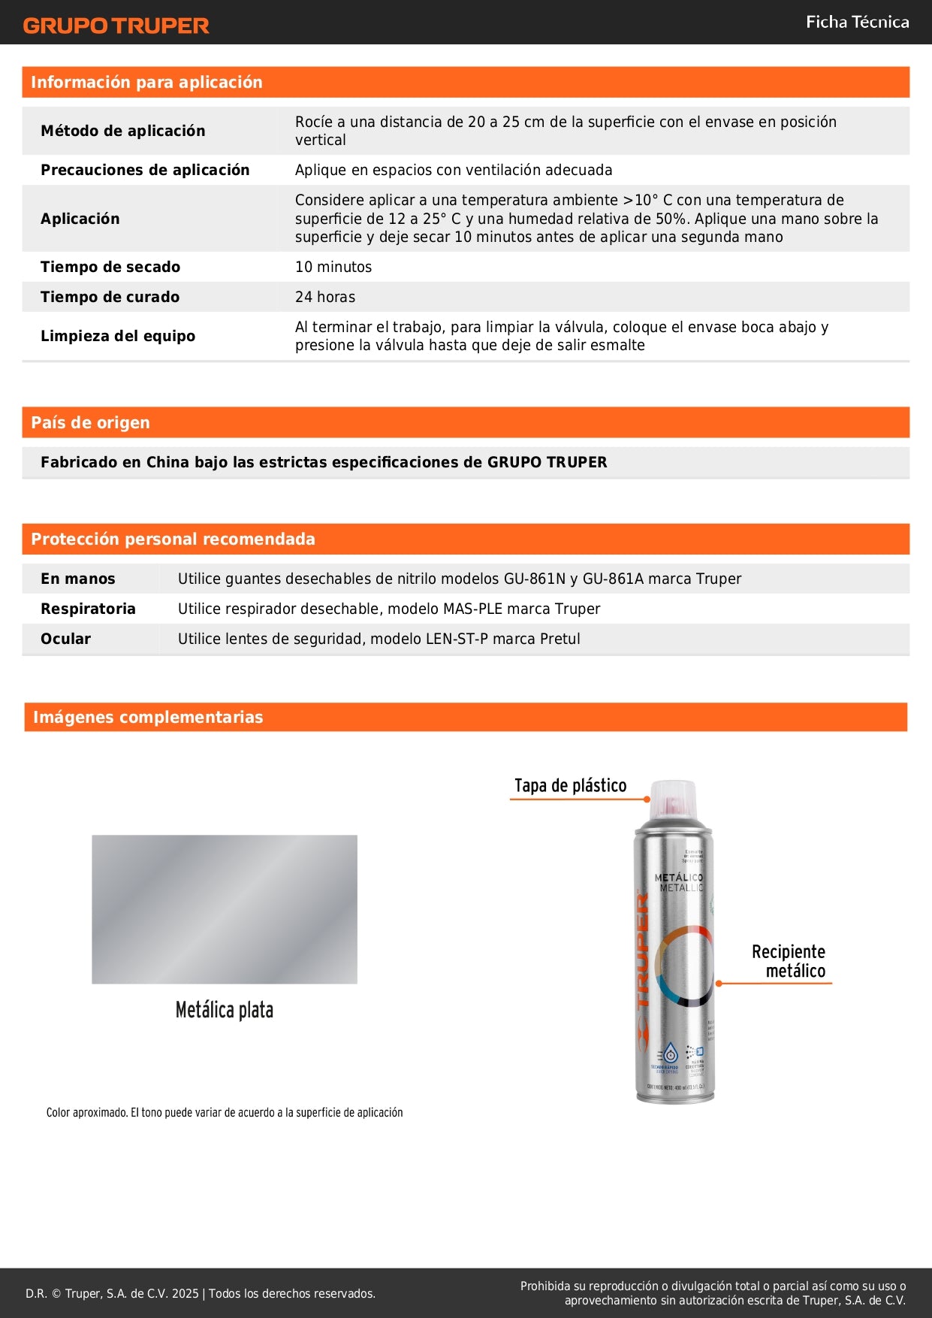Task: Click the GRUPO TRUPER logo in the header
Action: tap(116, 26)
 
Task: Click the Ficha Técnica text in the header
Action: tap(857, 22)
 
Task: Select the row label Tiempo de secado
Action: tap(110, 267)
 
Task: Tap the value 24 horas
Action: tap(325, 297)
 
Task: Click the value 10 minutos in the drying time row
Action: tap(333, 267)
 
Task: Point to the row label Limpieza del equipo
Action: tap(118, 336)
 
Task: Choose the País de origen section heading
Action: tap(90, 422)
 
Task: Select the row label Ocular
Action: tap(65, 639)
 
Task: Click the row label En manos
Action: tap(78, 579)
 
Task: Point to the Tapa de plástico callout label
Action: tap(570, 785)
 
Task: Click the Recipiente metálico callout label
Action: tap(789, 961)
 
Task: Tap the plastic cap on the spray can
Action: tap(673, 800)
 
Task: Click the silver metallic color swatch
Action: tap(225, 909)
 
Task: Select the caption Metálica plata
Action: tap(225, 1010)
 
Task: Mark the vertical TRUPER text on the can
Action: tap(643, 951)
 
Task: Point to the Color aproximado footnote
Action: tap(225, 1112)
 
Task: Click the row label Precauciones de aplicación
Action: tap(145, 170)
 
